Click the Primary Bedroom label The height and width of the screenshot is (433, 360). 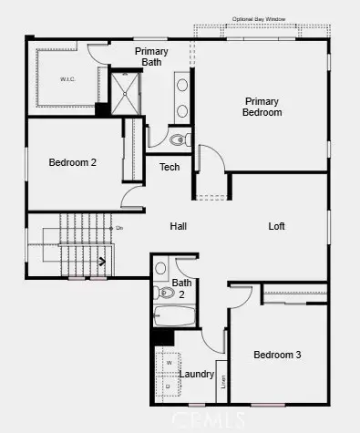262,107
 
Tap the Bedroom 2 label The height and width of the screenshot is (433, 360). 72,162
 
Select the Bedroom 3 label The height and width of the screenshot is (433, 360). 276,355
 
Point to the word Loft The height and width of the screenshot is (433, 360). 278,226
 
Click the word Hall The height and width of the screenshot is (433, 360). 180,226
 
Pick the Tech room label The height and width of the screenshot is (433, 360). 170,167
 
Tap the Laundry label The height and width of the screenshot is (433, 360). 196,374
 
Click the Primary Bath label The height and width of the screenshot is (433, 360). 151,57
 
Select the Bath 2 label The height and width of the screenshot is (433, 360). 182,288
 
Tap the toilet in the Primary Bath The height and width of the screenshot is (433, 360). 179,140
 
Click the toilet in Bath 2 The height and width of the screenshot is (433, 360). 159,270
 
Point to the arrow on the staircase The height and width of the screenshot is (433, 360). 101,261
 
